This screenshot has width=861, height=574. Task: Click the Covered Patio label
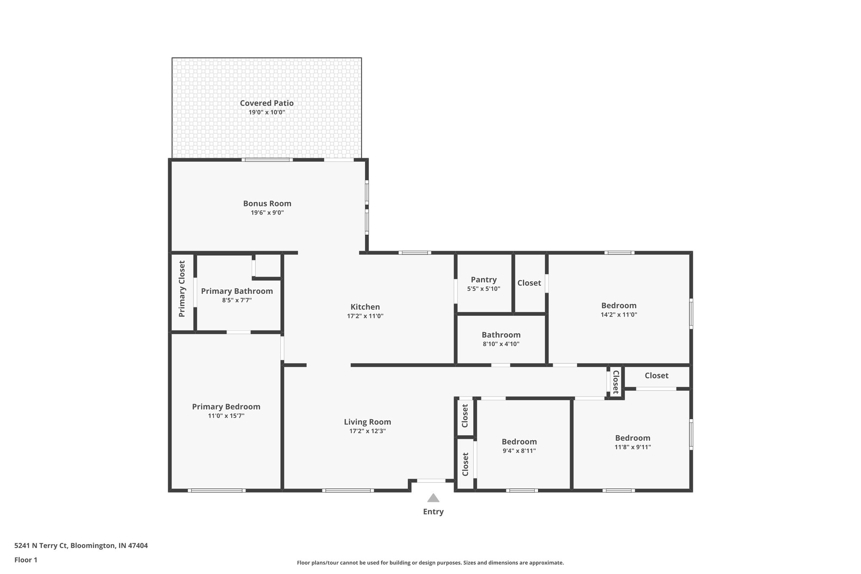(x=267, y=103)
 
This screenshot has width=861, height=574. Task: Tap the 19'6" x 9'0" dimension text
(x=267, y=213)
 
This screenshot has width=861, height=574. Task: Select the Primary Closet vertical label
(x=182, y=289)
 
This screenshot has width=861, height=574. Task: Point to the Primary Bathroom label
(x=237, y=291)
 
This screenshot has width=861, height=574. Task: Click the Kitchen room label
(x=365, y=307)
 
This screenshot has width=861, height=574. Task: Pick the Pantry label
(x=483, y=280)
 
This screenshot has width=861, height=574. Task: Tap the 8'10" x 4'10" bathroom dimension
(x=501, y=344)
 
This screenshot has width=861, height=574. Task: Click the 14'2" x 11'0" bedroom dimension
(x=618, y=315)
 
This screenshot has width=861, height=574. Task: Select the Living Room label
(x=367, y=422)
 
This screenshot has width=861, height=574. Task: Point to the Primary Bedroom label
(x=226, y=407)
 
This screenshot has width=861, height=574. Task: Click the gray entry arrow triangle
(x=433, y=498)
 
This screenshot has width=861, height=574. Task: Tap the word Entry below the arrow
(x=433, y=512)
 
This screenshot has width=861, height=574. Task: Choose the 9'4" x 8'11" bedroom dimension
(x=519, y=451)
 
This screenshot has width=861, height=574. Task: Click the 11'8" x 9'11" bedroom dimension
(x=632, y=447)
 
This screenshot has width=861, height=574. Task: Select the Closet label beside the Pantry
(x=529, y=283)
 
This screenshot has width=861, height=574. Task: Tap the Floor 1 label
(x=26, y=560)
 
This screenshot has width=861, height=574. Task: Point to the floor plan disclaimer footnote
(x=430, y=563)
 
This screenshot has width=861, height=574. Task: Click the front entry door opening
(x=431, y=481)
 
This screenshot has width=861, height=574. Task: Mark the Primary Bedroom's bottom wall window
(x=217, y=490)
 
